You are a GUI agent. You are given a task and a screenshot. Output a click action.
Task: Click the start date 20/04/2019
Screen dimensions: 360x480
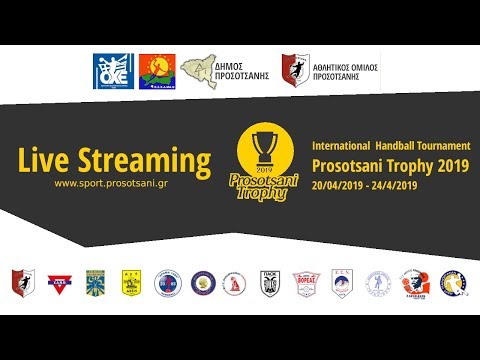pyautogui.click(x=342, y=186)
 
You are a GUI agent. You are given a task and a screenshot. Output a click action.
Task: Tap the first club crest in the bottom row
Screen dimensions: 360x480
pyautogui.click(x=23, y=284)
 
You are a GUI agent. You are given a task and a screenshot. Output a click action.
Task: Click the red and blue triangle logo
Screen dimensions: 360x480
pyautogui.click(x=58, y=284)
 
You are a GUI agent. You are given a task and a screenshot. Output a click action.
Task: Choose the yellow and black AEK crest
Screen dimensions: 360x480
pyautogui.click(x=129, y=284)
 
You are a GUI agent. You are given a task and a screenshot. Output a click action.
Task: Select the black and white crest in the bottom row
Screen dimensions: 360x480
pyautogui.click(x=269, y=284)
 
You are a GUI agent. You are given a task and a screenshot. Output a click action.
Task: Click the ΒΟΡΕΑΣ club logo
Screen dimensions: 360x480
pyautogui.click(x=304, y=284)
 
